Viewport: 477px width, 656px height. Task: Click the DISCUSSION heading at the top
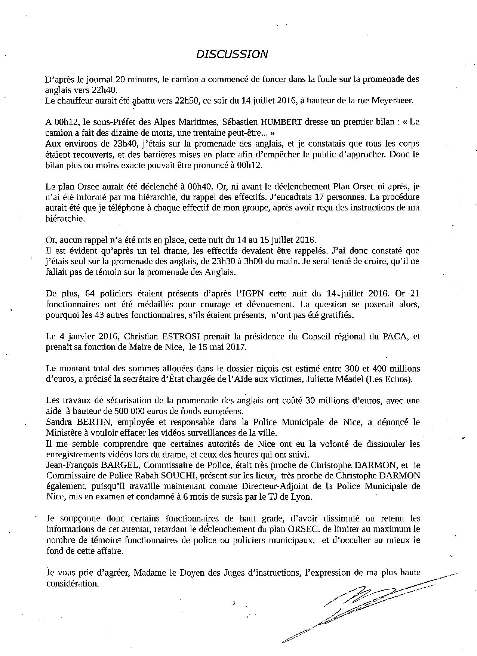(x=232, y=55)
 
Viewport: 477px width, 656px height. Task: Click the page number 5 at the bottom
(x=234, y=603)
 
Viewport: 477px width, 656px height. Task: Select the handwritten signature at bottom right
(x=359, y=606)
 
